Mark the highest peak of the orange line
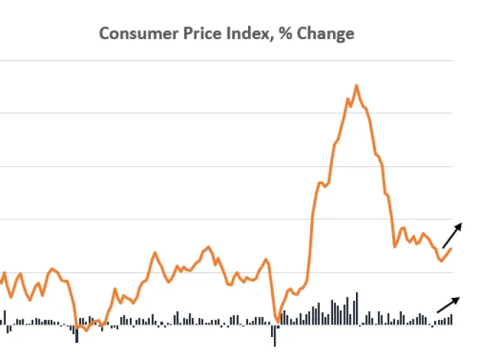click(x=356, y=86)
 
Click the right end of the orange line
click(x=452, y=248)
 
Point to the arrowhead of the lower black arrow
click(x=459, y=297)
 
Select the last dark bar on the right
click(x=451, y=319)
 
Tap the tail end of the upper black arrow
click(x=443, y=247)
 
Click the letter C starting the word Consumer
click(x=105, y=33)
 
